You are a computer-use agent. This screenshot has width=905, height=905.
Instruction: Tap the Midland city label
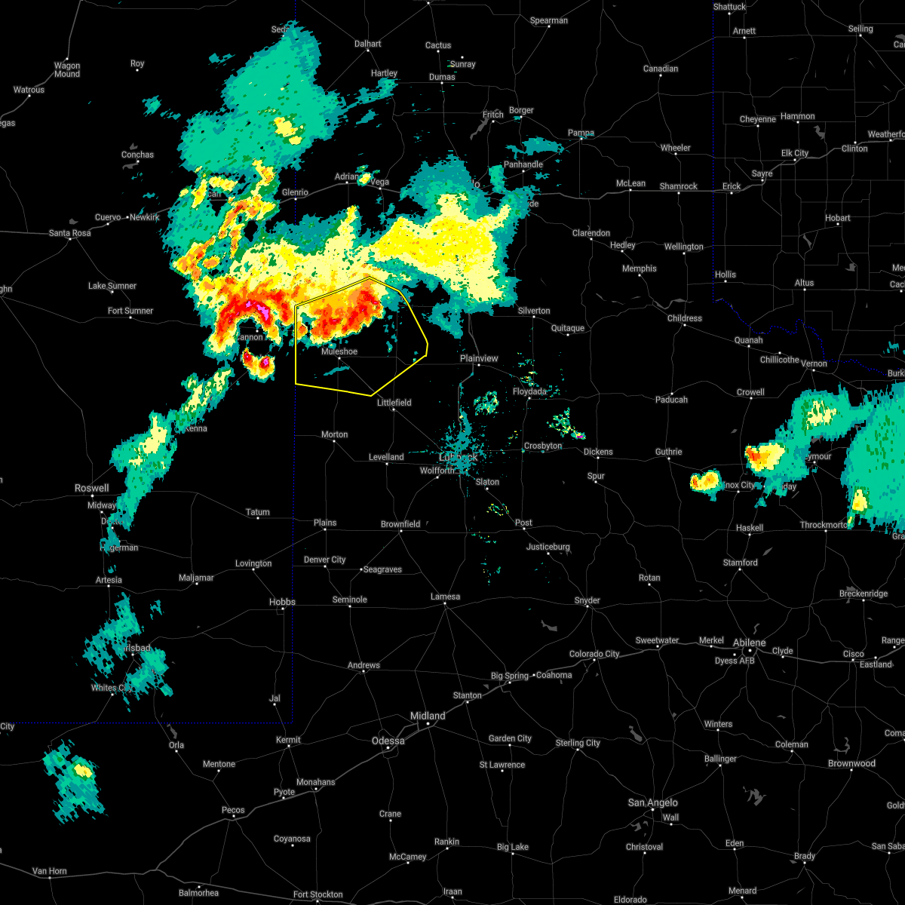pyautogui.click(x=428, y=716)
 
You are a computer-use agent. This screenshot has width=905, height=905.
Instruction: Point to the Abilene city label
pyautogui.click(x=750, y=643)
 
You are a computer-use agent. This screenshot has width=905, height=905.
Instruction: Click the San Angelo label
pyautogui.click(x=653, y=802)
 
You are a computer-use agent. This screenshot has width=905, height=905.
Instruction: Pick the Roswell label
pyautogui.click(x=91, y=488)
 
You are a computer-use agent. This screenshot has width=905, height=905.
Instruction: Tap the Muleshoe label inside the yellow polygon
pyautogui.click(x=339, y=351)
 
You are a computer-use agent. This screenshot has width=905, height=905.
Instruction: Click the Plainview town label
pyautogui.click(x=479, y=358)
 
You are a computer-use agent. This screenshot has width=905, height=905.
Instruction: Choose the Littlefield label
pyautogui.click(x=394, y=403)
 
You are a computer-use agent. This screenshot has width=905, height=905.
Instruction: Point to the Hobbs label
pyautogui.click(x=283, y=602)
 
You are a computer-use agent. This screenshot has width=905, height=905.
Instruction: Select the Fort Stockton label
pyautogui.click(x=318, y=894)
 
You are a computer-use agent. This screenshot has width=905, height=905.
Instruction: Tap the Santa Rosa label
pyautogui.click(x=70, y=233)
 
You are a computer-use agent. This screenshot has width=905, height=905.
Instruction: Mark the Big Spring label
pyautogui.click(x=511, y=676)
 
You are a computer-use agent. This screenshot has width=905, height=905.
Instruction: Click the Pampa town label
pyautogui.click(x=581, y=133)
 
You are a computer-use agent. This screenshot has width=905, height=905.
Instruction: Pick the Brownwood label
pyautogui.click(x=851, y=763)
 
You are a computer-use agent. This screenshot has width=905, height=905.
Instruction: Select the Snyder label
pyautogui.click(x=587, y=600)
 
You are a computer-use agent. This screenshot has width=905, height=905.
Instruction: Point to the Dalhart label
pyautogui.click(x=368, y=44)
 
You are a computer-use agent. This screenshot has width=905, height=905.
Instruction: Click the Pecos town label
pyautogui.click(x=233, y=810)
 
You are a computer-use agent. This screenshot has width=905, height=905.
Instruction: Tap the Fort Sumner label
pyautogui.click(x=130, y=311)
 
